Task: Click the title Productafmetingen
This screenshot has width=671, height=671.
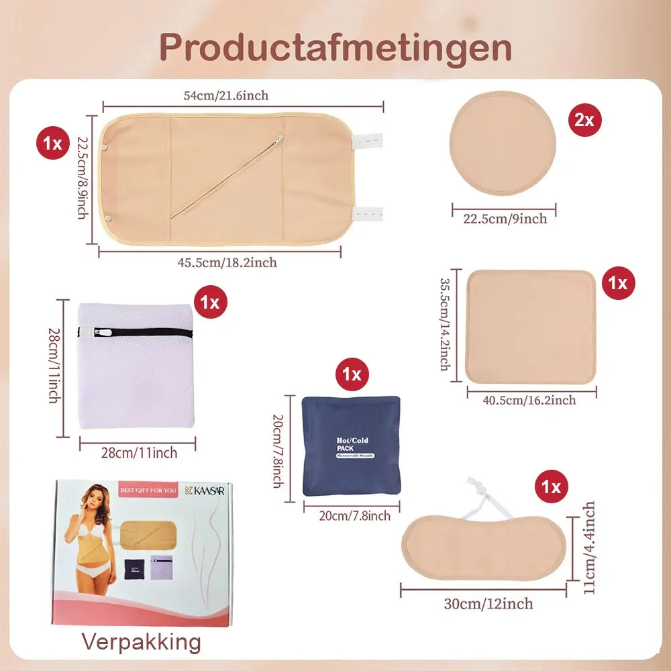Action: [335, 47]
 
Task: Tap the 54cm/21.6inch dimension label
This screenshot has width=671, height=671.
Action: [226, 95]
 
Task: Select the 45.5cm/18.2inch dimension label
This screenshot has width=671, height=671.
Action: [227, 262]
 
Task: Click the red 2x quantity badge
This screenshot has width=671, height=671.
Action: [584, 119]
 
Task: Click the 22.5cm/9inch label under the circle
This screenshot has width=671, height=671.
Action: [506, 219]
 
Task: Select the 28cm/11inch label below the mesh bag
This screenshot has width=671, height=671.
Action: [139, 453]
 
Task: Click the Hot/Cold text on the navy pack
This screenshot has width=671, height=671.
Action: [352, 440]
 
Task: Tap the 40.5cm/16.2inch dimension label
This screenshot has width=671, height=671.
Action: [529, 400]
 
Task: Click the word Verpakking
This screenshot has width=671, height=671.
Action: [141, 642]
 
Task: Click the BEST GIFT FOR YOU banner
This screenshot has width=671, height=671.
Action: [148, 491]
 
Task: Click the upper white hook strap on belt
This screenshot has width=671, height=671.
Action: [366, 140]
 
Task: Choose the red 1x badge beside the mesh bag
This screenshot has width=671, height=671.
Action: [211, 302]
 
